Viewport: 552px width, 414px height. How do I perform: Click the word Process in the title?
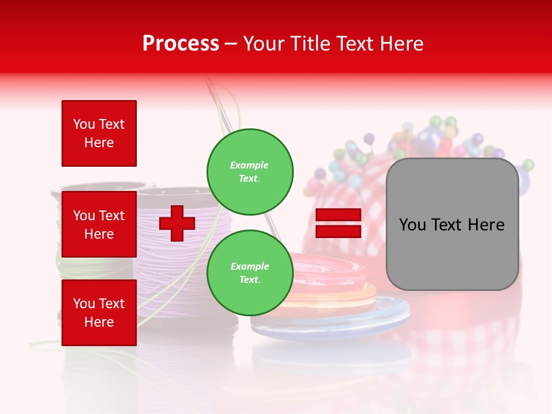pyautogui.click(x=181, y=44)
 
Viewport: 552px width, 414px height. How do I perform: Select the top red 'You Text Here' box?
pyautogui.click(x=99, y=133)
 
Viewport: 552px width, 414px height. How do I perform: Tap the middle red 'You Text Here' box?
pyautogui.click(x=99, y=224)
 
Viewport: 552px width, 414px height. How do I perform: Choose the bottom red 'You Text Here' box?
pyautogui.click(x=99, y=313)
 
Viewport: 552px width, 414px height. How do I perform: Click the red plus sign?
pyautogui.click(x=177, y=223)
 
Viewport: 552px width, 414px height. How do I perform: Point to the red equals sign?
pyautogui.click(x=338, y=223)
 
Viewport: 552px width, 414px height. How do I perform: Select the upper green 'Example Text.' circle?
pyautogui.click(x=250, y=171)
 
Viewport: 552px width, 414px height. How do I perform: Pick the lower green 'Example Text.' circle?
pyautogui.click(x=250, y=273)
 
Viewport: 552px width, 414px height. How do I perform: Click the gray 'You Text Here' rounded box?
pyautogui.click(x=452, y=224)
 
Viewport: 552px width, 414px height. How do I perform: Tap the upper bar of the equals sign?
pyautogui.click(x=338, y=214)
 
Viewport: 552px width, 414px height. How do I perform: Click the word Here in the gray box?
pyautogui.click(x=486, y=225)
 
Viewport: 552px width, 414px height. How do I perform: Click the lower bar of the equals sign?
pyautogui.click(x=338, y=232)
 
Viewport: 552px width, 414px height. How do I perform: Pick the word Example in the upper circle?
pyautogui.click(x=250, y=165)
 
